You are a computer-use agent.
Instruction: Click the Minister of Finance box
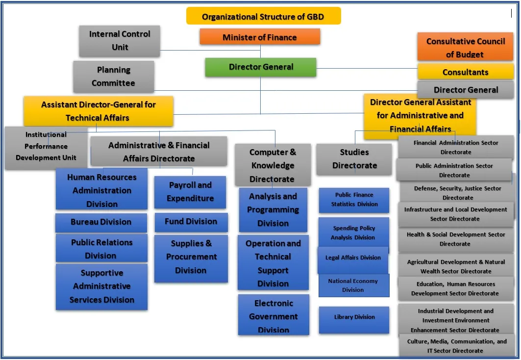click(260, 37)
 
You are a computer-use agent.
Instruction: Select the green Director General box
click(261, 67)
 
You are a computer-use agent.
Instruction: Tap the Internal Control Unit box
click(120, 41)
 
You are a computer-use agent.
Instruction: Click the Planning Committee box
click(114, 77)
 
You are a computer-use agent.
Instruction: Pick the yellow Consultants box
click(465, 72)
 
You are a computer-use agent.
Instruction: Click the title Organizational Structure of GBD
click(263, 17)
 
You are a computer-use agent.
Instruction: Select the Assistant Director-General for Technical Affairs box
click(98, 111)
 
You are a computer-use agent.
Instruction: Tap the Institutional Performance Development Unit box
click(46, 146)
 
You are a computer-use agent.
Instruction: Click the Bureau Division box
click(101, 222)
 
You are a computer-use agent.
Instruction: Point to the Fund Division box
click(191, 222)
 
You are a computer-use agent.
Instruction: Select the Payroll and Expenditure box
click(190, 192)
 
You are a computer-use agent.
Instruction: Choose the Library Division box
click(354, 318)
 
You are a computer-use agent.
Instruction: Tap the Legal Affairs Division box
click(353, 258)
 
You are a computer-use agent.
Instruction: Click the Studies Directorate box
click(354, 159)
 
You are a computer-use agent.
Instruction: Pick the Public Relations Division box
click(101, 249)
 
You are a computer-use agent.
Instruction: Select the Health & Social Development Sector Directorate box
click(455, 239)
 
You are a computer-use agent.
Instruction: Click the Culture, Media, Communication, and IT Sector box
click(457, 346)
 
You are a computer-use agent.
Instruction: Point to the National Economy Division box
click(353, 285)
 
